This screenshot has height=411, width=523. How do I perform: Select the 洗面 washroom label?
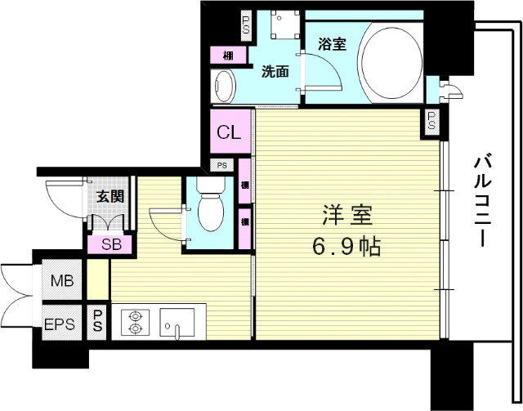coord(275,71)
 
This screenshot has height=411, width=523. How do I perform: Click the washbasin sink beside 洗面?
coord(223,85)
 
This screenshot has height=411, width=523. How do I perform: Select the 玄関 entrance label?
coord(109,196)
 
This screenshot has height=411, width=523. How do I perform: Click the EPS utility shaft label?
coord(60,324)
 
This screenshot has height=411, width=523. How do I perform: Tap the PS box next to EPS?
coord(97,320)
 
